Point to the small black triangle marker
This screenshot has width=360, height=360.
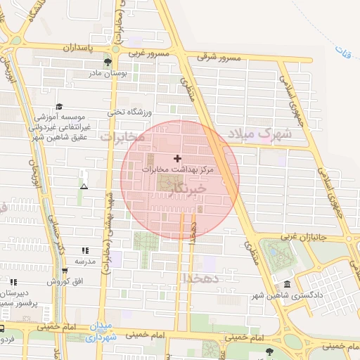pos(84,186)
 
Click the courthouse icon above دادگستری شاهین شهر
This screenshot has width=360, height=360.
pos(287,284)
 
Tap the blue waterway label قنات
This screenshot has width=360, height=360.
pos(344,51)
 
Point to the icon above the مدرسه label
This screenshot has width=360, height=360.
pos(85,250)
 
